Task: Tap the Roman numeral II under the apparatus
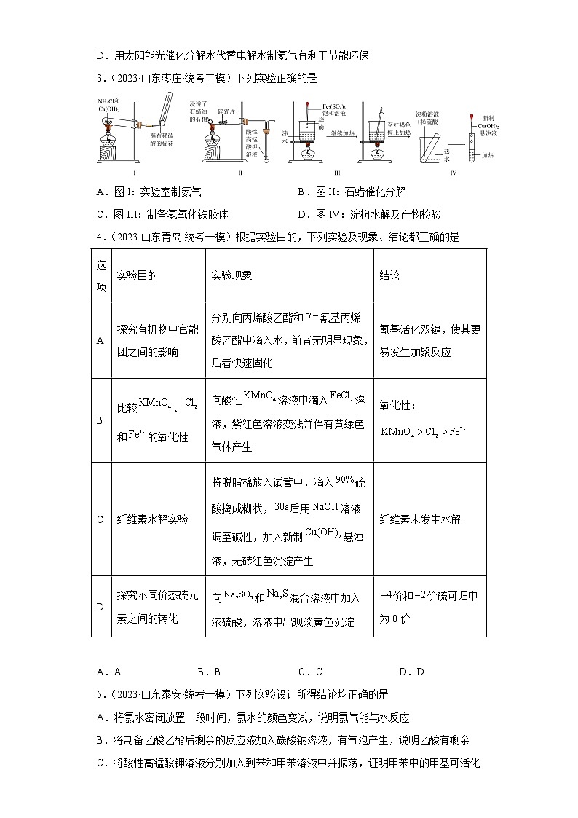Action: click(x=240, y=173)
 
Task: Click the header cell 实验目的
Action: click(x=137, y=276)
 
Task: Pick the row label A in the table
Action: click(x=100, y=340)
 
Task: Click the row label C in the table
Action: click(x=100, y=519)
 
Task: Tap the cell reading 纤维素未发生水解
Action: click(x=420, y=519)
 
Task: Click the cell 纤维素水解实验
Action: click(x=152, y=519)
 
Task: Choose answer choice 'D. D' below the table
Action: click(x=411, y=672)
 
